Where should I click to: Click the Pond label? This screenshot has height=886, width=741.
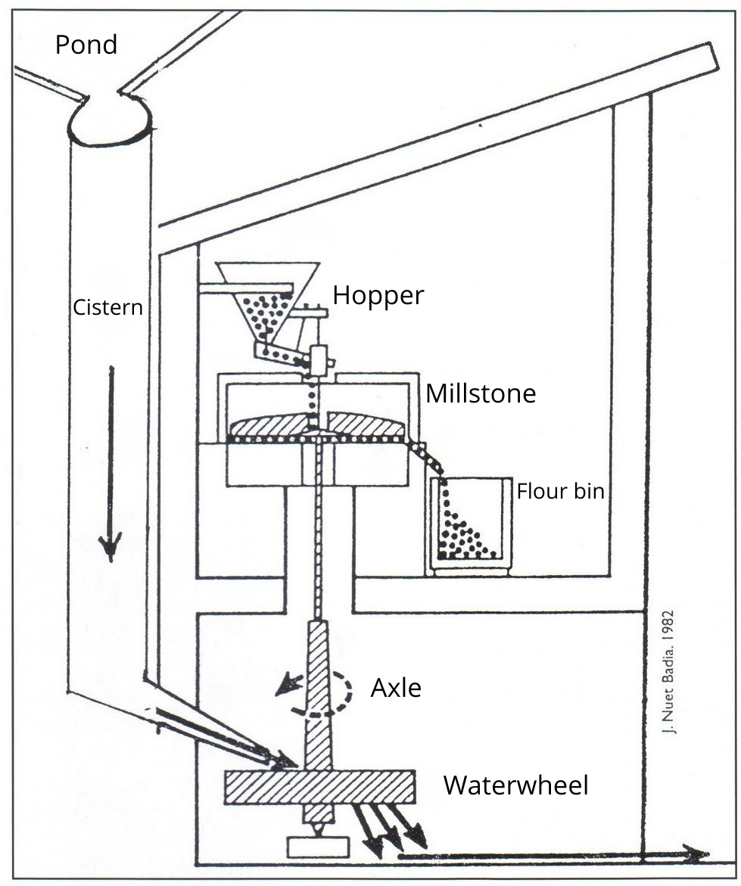coord(86,45)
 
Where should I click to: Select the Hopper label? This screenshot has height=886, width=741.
coord(378,296)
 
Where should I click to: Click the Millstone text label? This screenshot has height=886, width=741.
coord(481,394)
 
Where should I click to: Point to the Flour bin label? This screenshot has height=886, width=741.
coord(561,492)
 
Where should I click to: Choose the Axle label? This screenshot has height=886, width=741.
coord(396,689)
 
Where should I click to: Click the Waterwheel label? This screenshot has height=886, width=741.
coord(515,785)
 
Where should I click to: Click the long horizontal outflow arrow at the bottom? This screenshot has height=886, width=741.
coord(553,856)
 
